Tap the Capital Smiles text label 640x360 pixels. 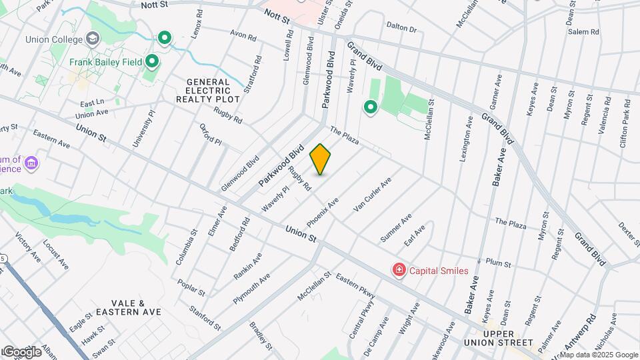[439, 271]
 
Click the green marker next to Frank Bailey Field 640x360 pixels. [152, 63]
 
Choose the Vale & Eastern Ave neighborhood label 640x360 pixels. [129, 307]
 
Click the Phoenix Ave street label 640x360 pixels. [323, 211]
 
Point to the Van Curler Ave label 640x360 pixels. [372, 195]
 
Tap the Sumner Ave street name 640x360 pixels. [396, 228]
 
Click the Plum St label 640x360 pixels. [498, 263]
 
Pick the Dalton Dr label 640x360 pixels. [401, 29]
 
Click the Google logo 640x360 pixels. [22, 351]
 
